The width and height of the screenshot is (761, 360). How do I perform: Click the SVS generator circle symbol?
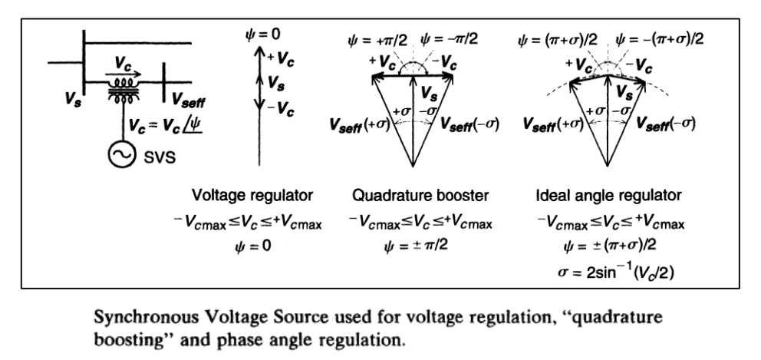pos(120,157)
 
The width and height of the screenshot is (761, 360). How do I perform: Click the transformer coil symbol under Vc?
pos(120,88)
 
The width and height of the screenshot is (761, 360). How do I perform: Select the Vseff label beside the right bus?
pos(189,98)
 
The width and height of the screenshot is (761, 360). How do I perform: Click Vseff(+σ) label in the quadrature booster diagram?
pos(353,124)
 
